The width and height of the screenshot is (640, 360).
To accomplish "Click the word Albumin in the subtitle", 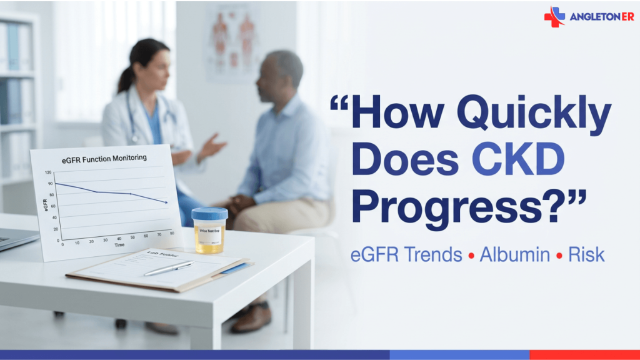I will (515, 255).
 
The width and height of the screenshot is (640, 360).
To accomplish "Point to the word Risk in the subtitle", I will (586, 255).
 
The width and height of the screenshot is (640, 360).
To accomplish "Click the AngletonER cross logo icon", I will (554, 16).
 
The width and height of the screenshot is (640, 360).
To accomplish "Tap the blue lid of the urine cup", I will (209, 214).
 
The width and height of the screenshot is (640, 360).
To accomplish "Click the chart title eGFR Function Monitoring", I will (104, 159).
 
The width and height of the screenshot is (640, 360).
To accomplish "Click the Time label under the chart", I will (119, 245).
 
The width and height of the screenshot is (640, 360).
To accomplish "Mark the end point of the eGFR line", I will (166, 202).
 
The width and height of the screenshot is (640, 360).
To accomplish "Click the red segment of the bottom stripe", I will (584, 355).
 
